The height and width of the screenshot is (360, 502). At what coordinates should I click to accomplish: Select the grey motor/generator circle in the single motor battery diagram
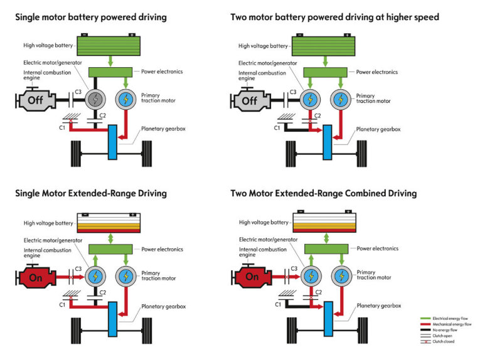tap(96, 99)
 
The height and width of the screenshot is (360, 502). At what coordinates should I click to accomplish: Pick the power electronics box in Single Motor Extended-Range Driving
tap(109, 248)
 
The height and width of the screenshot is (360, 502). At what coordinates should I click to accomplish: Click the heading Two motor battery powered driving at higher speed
tap(335, 18)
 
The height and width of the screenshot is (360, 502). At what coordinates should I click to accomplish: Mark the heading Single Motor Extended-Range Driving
tap(91, 193)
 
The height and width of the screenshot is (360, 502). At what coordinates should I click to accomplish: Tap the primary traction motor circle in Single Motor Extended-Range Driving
tap(125, 276)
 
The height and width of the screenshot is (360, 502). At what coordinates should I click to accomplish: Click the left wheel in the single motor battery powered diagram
tap(75, 151)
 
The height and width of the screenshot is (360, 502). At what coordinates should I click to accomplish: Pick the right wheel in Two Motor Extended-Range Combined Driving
tap(361, 327)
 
